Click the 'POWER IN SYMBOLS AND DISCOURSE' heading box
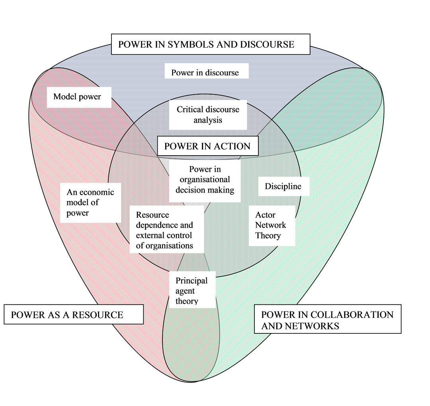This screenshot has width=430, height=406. click(x=210, y=44)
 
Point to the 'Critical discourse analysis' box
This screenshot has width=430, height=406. click(x=208, y=114)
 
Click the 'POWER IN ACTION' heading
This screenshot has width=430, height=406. click(x=207, y=146)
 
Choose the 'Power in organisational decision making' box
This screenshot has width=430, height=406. click(x=205, y=180)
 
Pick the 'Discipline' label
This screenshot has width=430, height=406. click(x=283, y=186)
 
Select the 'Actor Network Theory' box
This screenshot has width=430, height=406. click(x=272, y=225)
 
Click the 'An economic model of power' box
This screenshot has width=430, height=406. click(x=90, y=203)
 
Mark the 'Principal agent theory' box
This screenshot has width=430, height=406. click(x=192, y=291)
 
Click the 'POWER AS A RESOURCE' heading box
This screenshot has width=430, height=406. click(x=73, y=315)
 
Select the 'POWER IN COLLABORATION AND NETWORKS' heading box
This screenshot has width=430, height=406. click(x=327, y=320)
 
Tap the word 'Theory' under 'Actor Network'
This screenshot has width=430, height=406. click(x=268, y=236)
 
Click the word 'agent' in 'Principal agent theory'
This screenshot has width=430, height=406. click(x=185, y=291)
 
